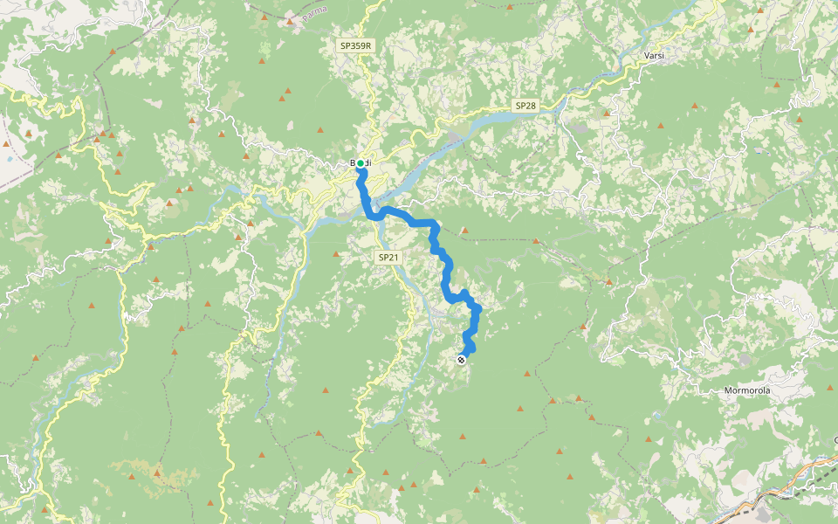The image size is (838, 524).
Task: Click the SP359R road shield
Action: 357,45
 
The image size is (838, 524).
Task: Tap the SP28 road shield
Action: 525,106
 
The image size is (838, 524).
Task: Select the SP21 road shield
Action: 388,258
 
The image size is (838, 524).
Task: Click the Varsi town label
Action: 654,55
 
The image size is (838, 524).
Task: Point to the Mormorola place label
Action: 747,390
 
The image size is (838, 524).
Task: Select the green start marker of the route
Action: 360,163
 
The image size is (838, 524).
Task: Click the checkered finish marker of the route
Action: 461,359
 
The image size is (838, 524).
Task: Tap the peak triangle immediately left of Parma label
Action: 289,19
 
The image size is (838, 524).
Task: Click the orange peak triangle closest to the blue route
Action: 464,231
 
